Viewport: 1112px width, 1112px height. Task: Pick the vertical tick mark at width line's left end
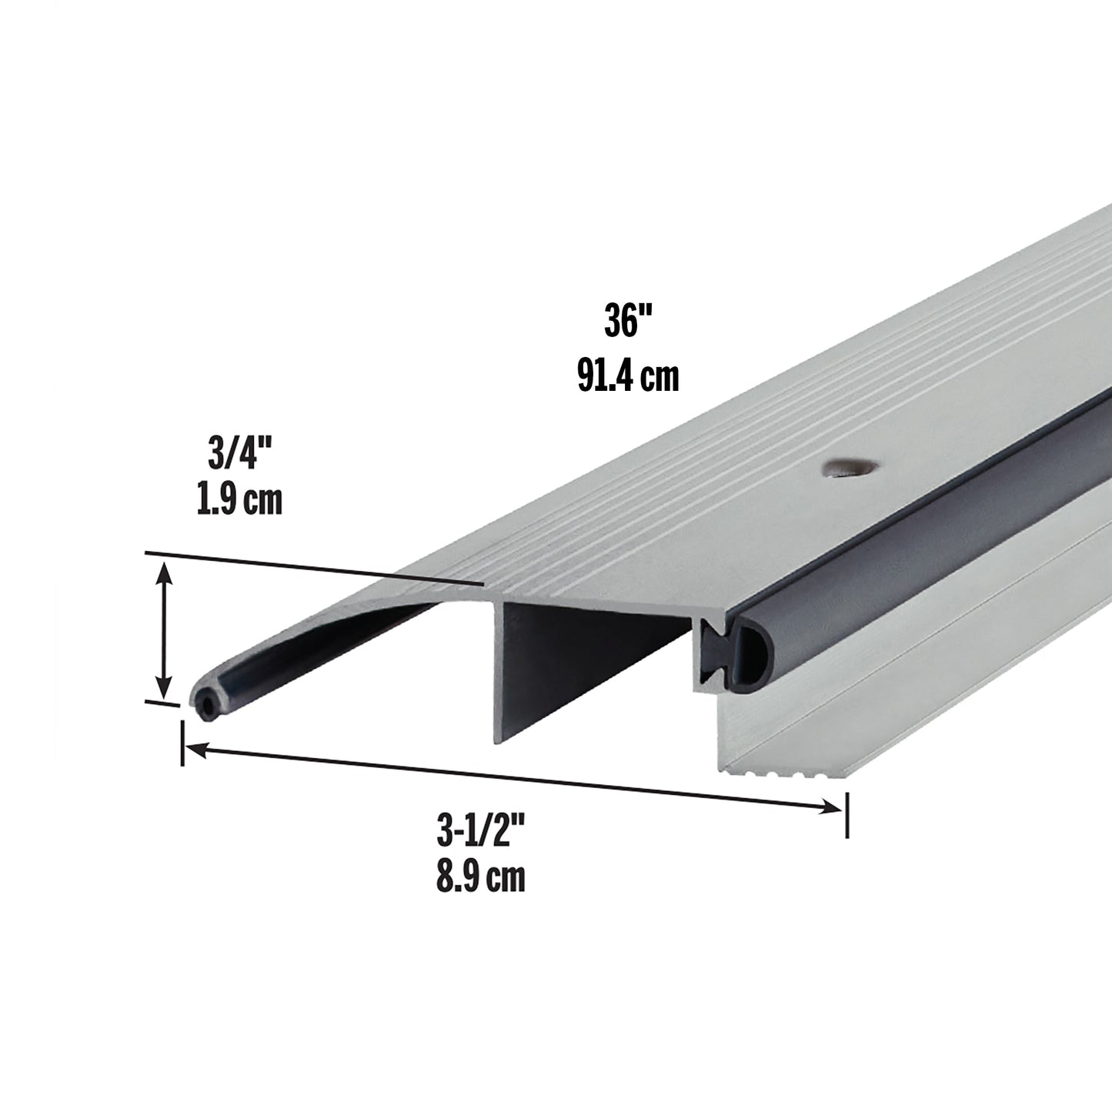[182, 742]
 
